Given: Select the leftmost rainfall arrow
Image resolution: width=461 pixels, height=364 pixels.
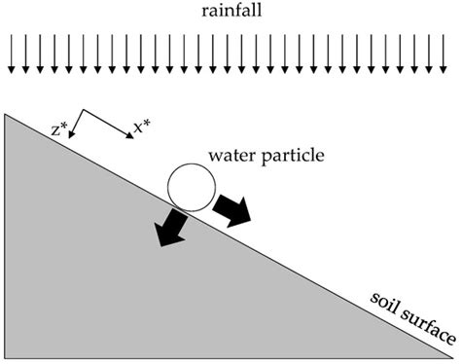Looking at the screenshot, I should pyautogui.click(x=11, y=55).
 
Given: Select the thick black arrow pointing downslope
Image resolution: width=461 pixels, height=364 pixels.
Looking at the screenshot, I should pyautogui.click(x=232, y=207).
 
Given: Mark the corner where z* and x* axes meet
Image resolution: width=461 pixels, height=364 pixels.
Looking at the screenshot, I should pyautogui.click(x=83, y=110).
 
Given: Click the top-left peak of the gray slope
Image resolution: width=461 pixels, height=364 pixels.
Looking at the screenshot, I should pyautogui.click(x=8, y=115).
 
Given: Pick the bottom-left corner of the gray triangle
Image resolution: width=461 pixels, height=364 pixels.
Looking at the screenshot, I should pyautogui.click(x=8, y=357).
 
